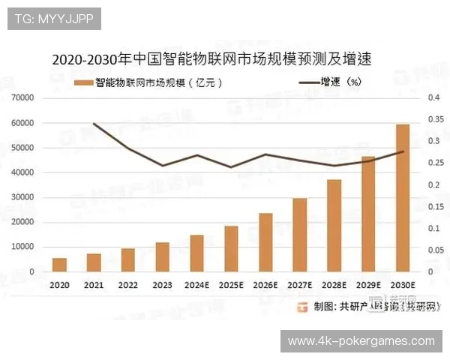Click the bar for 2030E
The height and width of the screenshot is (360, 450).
pos(403,198)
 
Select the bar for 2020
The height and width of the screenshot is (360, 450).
pos(59,265)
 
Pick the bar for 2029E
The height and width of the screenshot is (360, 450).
pos(368,214)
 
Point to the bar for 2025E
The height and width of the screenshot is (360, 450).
pos(231,248)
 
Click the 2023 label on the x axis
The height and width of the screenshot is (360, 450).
pos(162,286)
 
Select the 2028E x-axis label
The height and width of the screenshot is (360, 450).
pos(334,286)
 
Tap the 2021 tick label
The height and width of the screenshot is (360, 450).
pos(93,286)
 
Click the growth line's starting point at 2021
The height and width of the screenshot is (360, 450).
pos(93,124)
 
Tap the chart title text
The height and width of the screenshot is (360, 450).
pos(211,58)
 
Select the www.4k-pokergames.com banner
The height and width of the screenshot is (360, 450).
pos(361,341)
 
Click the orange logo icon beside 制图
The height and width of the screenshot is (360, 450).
pos(303,306)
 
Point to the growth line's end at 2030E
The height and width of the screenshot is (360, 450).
pos(403,151)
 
